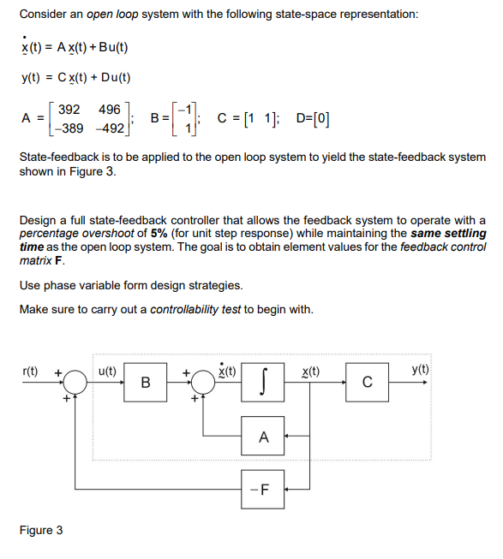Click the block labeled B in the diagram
pos(146,382)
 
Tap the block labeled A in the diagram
pos(263,437)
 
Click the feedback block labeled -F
pos(263,491)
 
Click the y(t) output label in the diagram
pos(421,370)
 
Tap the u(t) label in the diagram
pos(108,370)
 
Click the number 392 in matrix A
pos(68,110)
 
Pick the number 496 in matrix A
pos(109,110)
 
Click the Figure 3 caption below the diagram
pos(40,530)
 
